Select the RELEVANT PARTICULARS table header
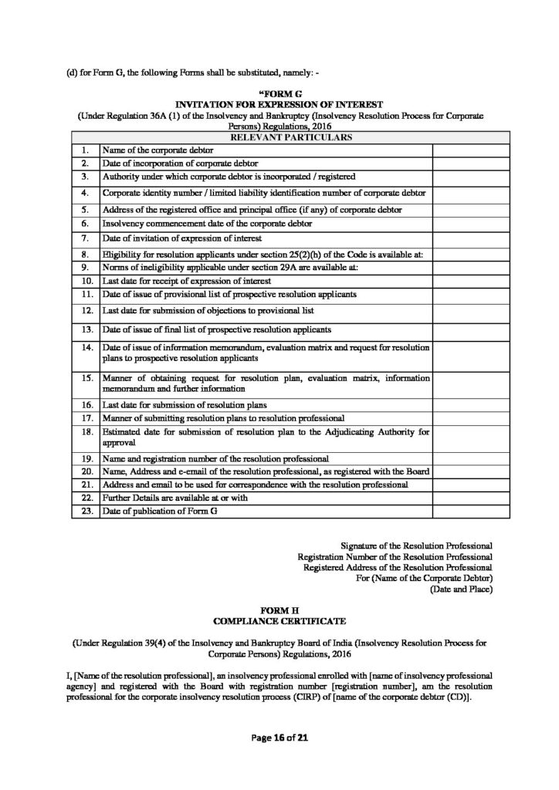click(280, 137)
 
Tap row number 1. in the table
click(85, 150)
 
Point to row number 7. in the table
click(85, 238)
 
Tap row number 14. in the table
click(86, 348)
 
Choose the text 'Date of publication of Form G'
click(156, 511)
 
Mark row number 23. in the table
click(86, 511)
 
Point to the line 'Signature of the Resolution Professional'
click(416, 545)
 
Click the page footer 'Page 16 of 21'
click(279, 738)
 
